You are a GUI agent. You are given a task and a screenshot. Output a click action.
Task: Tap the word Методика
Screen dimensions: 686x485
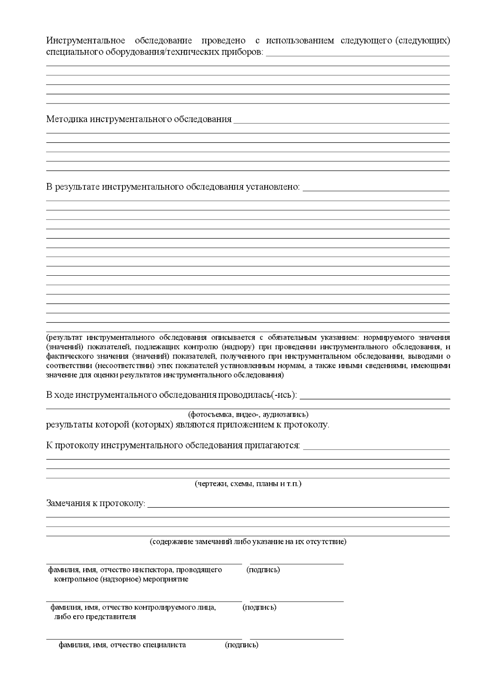[x=67, y=119]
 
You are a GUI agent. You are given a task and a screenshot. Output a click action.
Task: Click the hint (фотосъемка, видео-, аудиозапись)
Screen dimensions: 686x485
[x=248, y=415]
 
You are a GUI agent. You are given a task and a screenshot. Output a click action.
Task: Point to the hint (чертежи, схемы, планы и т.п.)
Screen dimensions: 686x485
[x=248, y=484]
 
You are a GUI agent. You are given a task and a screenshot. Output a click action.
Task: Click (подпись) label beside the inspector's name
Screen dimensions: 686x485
[x=263, y=570]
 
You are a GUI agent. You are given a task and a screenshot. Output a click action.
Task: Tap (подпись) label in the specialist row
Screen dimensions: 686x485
[x=241, y=645]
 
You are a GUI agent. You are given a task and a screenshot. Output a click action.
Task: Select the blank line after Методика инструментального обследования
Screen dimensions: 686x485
[x=341, y=122]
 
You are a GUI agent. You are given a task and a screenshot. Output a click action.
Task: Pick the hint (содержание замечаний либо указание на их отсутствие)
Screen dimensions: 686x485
[x=248, y=542]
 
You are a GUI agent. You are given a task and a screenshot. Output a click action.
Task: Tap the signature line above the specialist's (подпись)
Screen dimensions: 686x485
[x=296, y=639]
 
